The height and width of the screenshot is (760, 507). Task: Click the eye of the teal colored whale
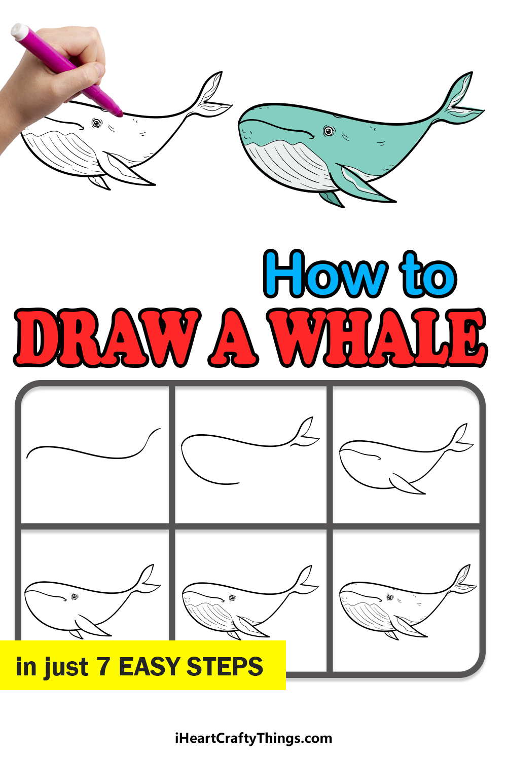point(329,131)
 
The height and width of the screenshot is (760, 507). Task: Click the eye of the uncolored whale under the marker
point(97,123)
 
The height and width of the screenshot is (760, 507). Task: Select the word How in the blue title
point(325,274)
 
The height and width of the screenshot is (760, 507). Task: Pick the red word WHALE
point(377,337)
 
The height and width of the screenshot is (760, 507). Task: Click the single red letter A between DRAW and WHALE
point(233,337)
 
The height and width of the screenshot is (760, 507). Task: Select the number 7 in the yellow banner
point(103,666)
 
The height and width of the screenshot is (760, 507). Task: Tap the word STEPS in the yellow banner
point(225,666)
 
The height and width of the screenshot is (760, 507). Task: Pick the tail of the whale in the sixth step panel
point(463,581)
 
